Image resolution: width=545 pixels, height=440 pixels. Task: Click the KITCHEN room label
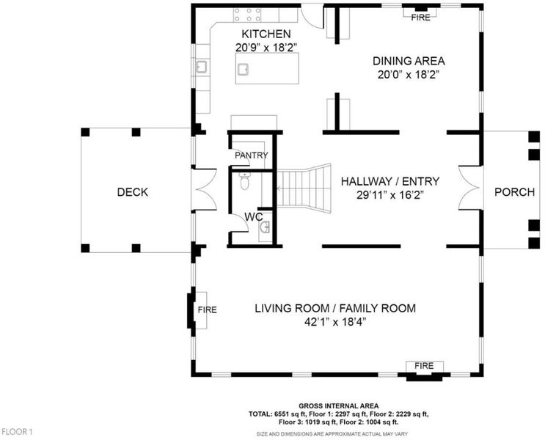click(x=266, y=34)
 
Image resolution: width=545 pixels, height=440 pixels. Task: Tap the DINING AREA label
click(x=409, y=61)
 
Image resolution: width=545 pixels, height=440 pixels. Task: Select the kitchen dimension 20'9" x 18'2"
click(x=266, y=47)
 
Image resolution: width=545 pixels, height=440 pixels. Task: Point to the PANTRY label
click(x=252, y=155)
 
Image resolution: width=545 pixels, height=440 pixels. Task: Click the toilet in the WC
click(x=245, y=181)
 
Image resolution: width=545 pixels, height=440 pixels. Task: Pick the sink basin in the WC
click(x=265, y=227)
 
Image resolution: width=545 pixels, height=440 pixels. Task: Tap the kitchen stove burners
click(x=247, y=15)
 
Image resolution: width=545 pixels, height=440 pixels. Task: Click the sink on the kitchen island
click(x=243, y=70)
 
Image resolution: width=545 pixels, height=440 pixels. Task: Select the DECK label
click(x=133, y=192)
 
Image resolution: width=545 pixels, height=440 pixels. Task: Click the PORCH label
click(x=514, y=192)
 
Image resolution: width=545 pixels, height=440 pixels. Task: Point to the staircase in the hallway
click(x=304, y=188)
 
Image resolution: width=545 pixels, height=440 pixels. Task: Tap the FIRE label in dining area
click(x=420, y=18)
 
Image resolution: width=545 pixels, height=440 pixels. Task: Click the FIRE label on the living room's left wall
click(x=208, y=309)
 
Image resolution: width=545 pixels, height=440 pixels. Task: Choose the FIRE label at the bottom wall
click(x=424, y=366)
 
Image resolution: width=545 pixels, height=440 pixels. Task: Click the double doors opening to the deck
click(x=205, y=189)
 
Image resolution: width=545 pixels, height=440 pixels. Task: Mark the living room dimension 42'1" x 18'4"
click(x=335, y=323)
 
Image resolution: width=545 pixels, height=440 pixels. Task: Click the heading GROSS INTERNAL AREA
click(x=339, y=406)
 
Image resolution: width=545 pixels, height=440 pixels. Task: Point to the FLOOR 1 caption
click(x=18, y=432)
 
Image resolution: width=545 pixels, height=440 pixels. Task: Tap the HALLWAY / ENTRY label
click(x=390, y=181)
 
